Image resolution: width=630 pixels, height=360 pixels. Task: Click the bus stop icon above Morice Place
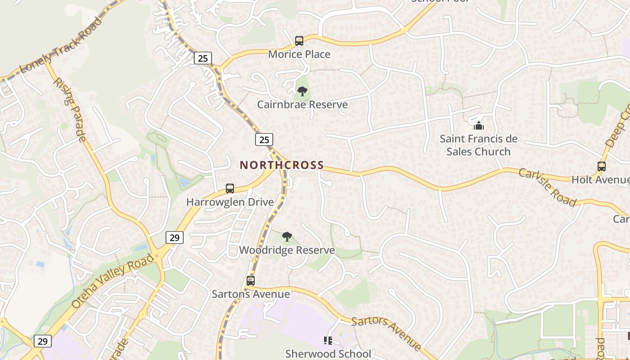coord(299,41)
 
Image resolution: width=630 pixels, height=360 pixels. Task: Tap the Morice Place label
coord(299,54)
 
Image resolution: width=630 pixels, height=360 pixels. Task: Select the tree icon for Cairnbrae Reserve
coord(302,92)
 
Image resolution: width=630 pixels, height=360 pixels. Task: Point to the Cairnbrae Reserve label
coord(302,105)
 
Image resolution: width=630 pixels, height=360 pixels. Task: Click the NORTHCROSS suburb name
coord(282,165)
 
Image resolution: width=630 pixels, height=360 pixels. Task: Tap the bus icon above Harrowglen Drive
coord(230,189)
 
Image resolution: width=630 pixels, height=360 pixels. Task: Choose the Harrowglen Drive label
coord(230,202)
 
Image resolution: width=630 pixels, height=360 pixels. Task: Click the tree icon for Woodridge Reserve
coord(287,237)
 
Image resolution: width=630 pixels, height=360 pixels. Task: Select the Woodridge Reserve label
coord(287,250)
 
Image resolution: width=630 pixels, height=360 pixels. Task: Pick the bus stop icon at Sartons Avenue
coord(251,281)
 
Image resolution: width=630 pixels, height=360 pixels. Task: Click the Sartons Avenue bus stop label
coord(251,294)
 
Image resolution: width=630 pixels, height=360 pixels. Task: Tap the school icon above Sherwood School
coord(328,341)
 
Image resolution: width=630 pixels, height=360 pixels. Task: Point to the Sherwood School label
coord(328,354)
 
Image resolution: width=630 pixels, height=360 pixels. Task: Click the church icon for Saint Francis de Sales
coord(478,125)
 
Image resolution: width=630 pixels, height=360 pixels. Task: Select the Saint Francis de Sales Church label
coord(478,145)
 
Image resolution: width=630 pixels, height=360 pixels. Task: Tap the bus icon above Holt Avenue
coord(602,166)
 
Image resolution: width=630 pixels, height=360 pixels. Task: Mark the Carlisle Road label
coord(547,187)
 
